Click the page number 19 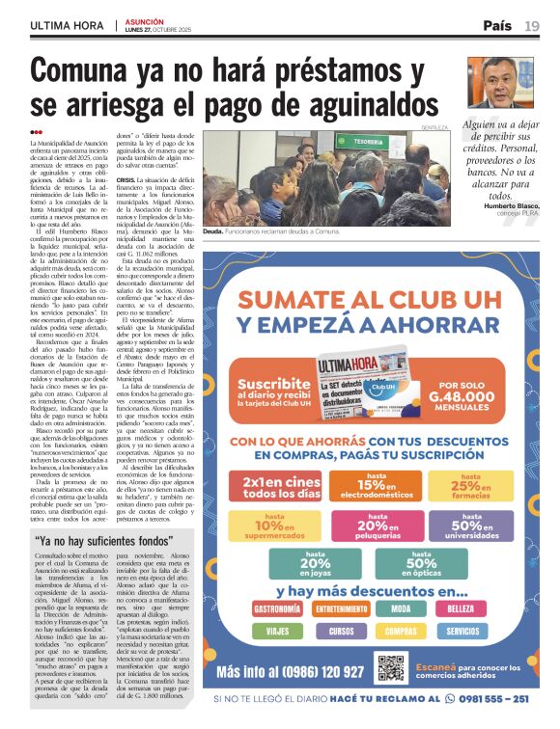click(x=532, y=26)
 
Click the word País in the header click(x=496, y=26)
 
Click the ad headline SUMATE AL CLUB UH click(x=373, y=300)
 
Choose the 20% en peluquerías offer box click(x=373, y=525)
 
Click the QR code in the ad click(x=390, y=668)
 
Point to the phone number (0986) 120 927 click(x=291, y=671)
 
